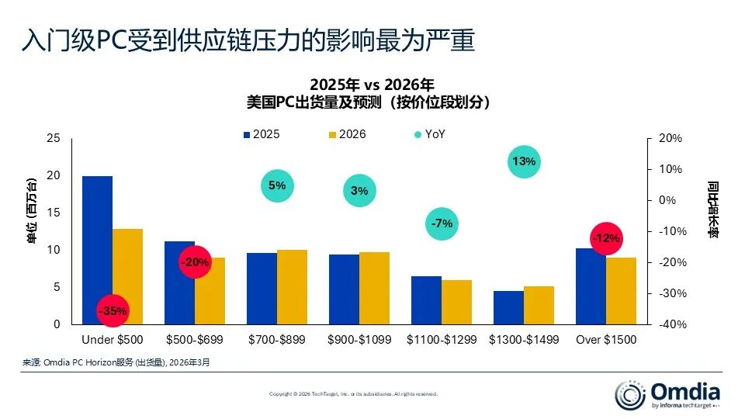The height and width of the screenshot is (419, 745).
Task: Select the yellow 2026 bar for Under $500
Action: (128, 276)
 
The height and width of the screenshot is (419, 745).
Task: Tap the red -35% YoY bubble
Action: (112, 311)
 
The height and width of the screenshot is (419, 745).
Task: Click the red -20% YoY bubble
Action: (195, 262)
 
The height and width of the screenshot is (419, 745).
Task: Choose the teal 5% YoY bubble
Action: (277, 185)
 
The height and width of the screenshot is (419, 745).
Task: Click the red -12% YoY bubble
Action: (605, 238)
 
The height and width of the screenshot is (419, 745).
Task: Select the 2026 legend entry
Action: (346, 134)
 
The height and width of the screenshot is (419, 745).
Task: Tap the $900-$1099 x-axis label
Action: (359, 340)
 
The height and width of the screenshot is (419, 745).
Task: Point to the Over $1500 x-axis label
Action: (605, 340)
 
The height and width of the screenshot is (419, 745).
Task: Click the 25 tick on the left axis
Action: (53, 138)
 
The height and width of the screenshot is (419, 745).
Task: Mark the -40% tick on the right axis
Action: (670, 324)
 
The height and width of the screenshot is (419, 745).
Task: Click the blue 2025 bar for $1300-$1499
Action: (508, 307)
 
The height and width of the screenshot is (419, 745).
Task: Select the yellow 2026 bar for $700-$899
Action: (292, 287)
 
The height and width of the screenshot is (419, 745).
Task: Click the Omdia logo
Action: (667, 394)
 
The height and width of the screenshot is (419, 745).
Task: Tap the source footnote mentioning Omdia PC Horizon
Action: (116, 362)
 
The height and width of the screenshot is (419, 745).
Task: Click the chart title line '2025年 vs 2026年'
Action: (372, 85)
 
